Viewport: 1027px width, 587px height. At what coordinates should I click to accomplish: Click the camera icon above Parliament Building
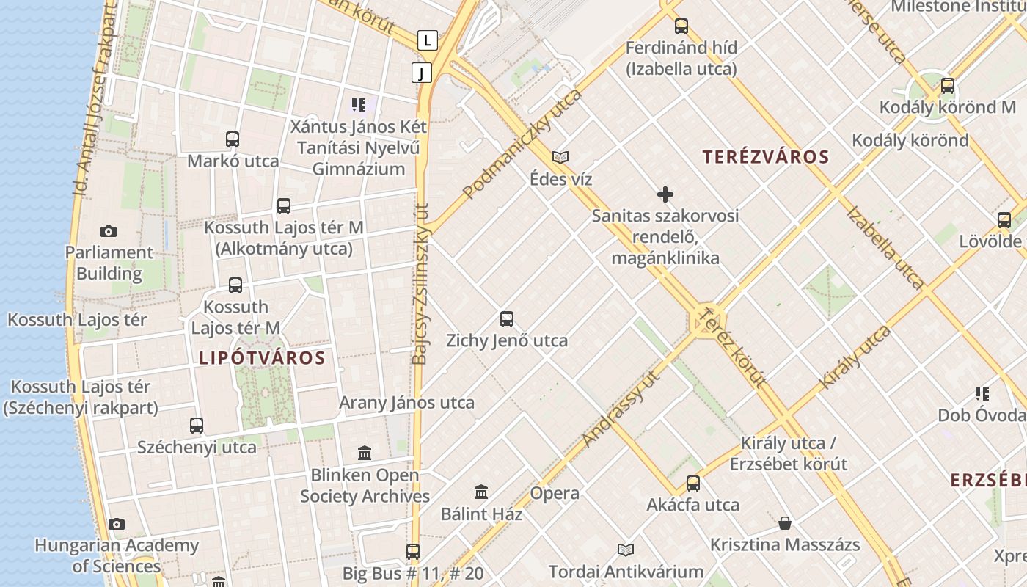click(109, 232)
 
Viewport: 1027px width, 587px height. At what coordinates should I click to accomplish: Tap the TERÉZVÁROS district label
click(765, 156)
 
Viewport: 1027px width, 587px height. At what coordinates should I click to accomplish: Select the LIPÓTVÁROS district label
click(262, 358)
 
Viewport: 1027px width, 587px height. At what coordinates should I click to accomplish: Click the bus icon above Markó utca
click(233, 139)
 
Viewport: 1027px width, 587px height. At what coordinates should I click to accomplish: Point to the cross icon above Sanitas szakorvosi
click(665, 194)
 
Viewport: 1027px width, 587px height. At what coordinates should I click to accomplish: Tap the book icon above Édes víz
click(560, 157)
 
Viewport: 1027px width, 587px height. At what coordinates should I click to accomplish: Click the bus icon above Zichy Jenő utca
click(507, 319)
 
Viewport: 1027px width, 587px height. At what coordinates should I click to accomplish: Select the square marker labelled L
click(428, 40)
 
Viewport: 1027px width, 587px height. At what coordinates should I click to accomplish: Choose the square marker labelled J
click(422, 73)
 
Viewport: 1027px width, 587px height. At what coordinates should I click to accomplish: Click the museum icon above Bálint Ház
click(481, 492)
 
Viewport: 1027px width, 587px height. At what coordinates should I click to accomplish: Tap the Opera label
click(555, 493)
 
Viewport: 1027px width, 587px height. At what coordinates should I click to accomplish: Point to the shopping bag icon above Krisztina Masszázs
click(785, 524)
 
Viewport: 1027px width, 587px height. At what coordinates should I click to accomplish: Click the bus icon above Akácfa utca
click(693, 484)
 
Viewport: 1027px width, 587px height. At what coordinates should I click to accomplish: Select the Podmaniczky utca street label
click(522, 145)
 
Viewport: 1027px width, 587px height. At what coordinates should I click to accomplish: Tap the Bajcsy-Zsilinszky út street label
click(420, 284)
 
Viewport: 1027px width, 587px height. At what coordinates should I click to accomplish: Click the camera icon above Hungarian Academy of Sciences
click(116, 524)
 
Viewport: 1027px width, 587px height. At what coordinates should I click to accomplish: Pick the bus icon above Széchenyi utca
click(197, 426)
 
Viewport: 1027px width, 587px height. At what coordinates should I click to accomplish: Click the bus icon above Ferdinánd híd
click(681, 26)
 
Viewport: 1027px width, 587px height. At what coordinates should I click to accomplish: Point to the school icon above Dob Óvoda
click(982, 394)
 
